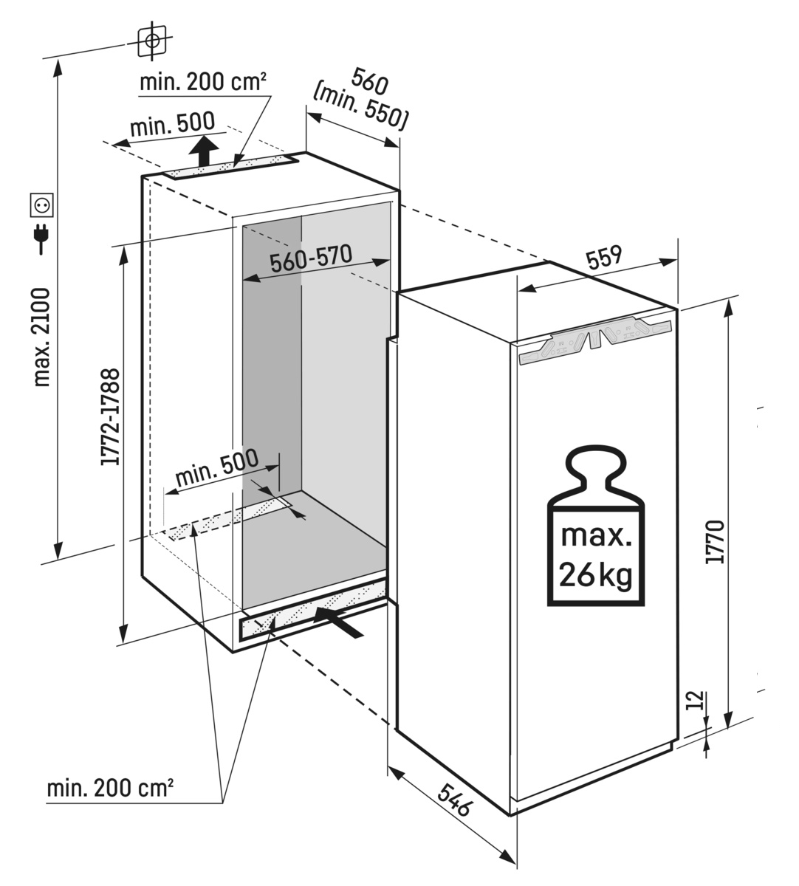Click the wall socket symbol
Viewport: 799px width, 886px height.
click(40, 205)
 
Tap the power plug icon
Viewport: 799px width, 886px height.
click(40, 238)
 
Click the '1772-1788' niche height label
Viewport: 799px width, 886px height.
click(112, 418)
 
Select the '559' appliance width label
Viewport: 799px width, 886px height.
click(605, 258)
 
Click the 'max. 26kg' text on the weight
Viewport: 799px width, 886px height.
click(596, 554)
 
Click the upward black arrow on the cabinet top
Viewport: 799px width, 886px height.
click(202, 153)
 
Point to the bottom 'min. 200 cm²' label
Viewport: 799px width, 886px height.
click(110, 789)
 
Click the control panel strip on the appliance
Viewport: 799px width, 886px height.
click(596, 340)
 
